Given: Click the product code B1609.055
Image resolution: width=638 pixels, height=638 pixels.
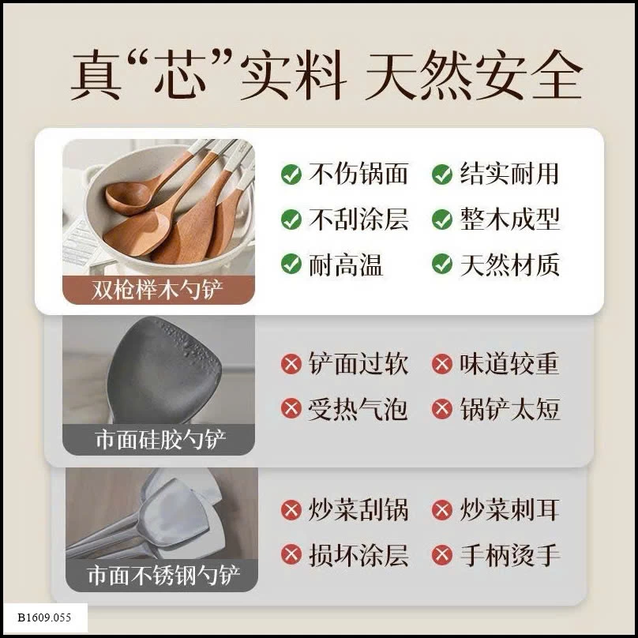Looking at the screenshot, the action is click(44, 617).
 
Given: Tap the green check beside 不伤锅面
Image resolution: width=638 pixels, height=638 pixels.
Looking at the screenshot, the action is click(291, 175).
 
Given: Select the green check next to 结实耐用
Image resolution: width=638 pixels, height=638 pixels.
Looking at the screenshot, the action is click(442, 175).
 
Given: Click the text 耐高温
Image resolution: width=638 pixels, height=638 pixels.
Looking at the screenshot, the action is click(345, 265).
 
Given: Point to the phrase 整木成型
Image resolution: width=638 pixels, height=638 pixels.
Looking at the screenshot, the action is click(510, 219).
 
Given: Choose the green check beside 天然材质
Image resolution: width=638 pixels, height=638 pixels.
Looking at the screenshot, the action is click(442, 264).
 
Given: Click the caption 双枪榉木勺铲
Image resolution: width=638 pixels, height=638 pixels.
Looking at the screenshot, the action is click(157, 290).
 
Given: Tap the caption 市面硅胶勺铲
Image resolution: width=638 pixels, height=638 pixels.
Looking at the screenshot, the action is click(160, 440).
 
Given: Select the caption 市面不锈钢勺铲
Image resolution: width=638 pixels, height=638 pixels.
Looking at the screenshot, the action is click(163, 576).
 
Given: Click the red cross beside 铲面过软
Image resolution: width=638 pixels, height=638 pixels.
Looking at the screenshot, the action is click(291, 363).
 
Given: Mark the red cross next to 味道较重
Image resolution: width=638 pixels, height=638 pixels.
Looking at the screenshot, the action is click(442, 363).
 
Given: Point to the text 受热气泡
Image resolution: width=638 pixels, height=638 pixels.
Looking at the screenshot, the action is click(358, 408).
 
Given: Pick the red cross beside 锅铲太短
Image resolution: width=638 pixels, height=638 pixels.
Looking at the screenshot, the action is click(442, 408).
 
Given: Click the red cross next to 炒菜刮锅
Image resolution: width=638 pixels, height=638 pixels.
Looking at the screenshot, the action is click(291, 509).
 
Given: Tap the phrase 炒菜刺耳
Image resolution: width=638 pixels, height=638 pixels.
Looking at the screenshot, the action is click(510, 509).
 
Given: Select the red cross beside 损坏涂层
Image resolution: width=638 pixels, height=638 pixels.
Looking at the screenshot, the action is click(291, 554).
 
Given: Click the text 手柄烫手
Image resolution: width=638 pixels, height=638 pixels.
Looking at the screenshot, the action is click(510, 555).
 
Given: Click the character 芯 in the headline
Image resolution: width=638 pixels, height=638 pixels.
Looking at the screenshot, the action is click(181, 76).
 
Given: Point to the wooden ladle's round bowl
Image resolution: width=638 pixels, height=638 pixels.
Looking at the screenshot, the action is click(128, 197).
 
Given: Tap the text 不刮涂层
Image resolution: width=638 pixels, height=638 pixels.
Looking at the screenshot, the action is click(358, 219).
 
